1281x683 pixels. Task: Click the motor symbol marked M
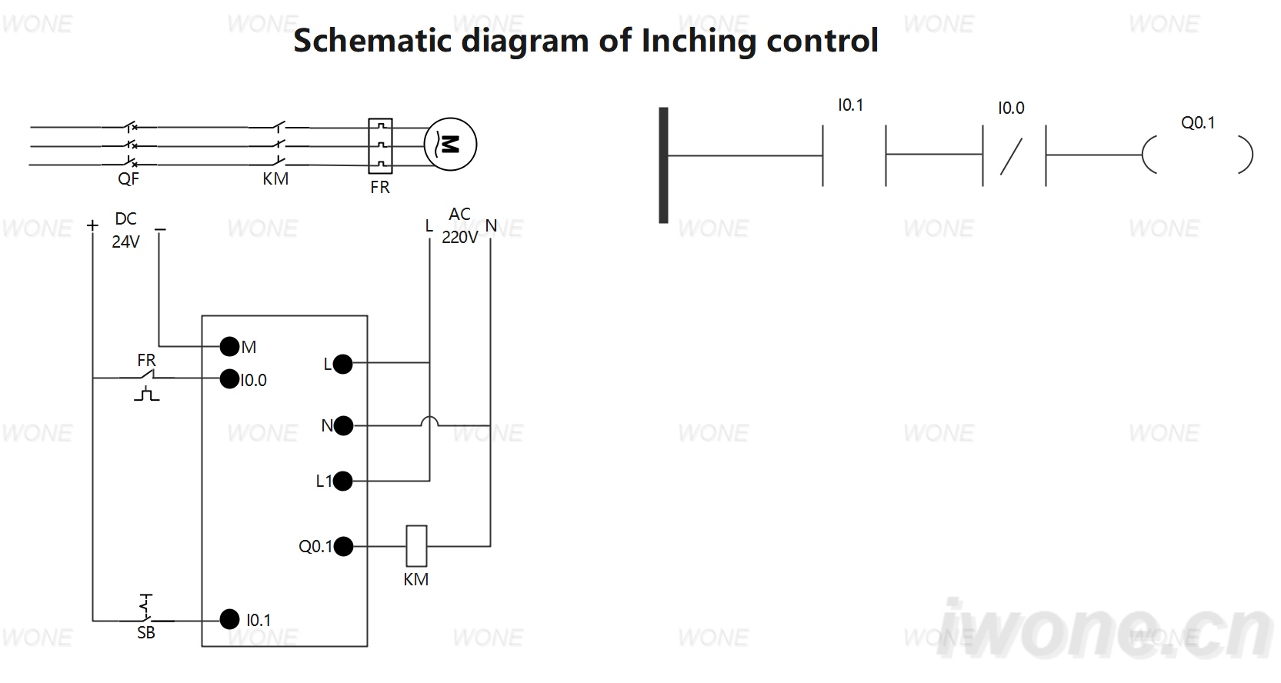click(450, 144)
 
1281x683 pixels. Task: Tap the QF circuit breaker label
click(128, 179)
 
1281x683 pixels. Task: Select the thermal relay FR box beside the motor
click(380, 145)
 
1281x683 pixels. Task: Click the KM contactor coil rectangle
click(416, 546)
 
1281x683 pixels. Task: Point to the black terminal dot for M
click(229, 346)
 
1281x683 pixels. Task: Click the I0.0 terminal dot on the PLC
click(229, 379)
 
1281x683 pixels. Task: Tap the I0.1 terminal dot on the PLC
click(229, 619)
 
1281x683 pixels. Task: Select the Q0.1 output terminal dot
click(343, 546)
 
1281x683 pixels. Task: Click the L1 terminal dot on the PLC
click(342, 481)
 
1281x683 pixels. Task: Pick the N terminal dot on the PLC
click(343, 426)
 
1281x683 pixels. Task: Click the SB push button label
click(146, 633)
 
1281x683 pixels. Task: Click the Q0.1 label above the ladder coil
click(1197, 123)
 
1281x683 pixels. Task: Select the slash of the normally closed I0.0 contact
click(1011, 157)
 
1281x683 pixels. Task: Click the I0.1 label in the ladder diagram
click(850, 105)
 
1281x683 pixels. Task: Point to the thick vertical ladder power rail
click(663, 165)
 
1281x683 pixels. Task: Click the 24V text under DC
click(125, 242)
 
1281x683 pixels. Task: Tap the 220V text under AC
click(459, 237)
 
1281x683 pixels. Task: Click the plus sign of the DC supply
click(92, 226)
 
